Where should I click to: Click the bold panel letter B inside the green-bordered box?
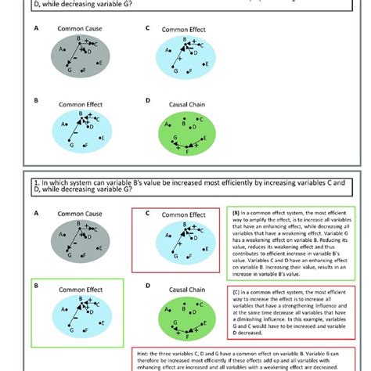[36, 286]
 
